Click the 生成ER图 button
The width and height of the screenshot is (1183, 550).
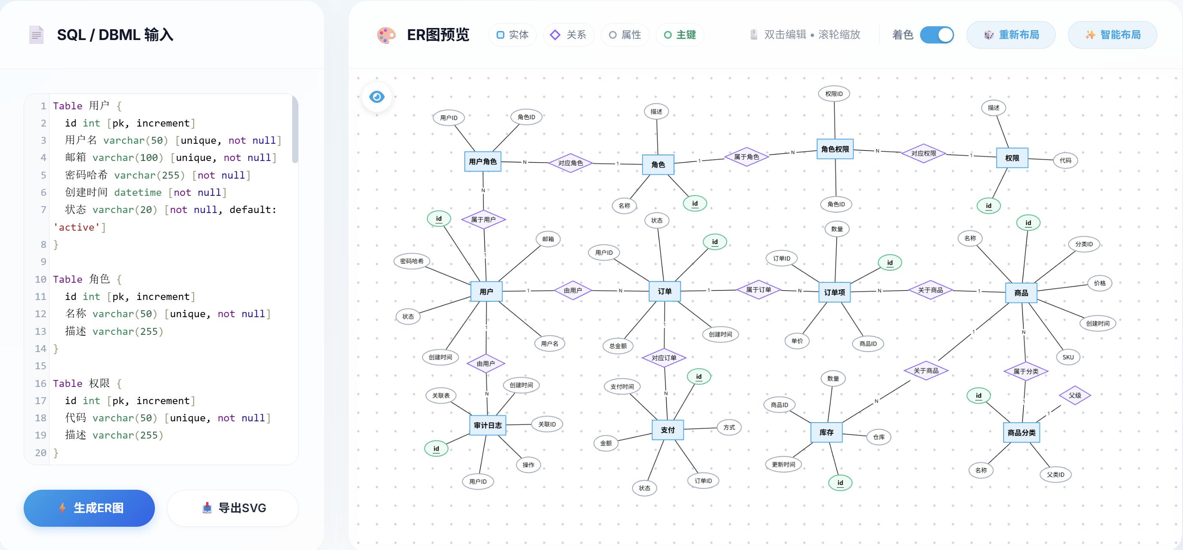(89, 508)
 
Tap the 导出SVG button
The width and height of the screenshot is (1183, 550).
(233, 508)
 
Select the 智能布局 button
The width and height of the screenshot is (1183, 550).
(1112, 35)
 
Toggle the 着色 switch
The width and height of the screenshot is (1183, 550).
(936, 35)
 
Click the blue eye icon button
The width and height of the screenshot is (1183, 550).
(377, 97)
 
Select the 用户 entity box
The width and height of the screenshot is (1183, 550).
(486, 291)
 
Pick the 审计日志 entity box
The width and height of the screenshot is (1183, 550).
(487, 425)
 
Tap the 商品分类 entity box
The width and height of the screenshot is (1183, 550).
(1021, 433)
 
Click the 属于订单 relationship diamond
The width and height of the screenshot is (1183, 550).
(758, 290)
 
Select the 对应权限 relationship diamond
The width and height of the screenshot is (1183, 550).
(923, 153)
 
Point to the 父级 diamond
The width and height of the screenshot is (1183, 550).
(1075, 395)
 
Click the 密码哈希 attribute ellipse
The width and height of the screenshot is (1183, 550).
(411, 261)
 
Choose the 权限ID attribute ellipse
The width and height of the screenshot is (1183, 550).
(834, 94)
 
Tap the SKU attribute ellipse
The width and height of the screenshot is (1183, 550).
(1068, 357)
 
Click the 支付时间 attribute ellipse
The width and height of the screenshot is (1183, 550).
(622, 386)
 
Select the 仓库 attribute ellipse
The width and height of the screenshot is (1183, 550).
(878, 437)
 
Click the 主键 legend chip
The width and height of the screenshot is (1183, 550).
(680, 35)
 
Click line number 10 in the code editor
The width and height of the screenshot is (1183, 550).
(40, 279)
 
